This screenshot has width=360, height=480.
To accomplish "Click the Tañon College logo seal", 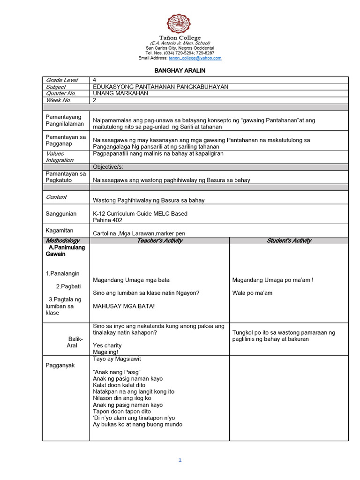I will coord(180,23).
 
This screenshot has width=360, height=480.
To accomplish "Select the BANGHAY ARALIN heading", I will coord(180,70).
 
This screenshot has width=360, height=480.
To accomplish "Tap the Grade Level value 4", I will coord(95,80).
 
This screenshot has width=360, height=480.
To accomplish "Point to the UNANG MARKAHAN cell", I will coord(120,93).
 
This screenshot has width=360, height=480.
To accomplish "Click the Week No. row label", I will coord(59,100).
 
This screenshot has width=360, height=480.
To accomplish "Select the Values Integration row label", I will coord(60,157).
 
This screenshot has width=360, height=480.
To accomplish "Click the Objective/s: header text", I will coord(108,167).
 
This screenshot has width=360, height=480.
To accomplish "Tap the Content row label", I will coord(56,197).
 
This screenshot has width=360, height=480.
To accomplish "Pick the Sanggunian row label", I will coord(61,214).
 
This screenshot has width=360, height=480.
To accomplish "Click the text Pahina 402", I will coord(108,220).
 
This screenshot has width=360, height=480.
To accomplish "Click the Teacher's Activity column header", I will coord(159,240).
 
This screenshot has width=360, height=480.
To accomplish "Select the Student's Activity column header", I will coord(289,240).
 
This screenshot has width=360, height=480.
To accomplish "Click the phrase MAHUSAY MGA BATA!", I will coord(124,306).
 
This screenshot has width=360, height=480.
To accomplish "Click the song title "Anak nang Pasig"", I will coord(114,372).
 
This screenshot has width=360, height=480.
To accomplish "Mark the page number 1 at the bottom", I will coord(180,460).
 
